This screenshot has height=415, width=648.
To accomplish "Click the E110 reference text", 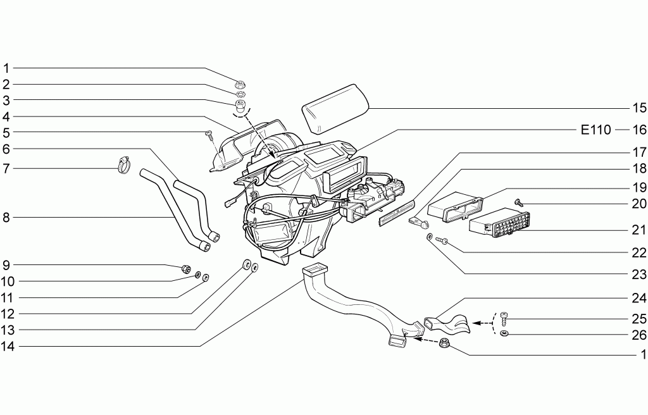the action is tap(595, 130).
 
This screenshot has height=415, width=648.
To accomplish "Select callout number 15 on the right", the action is tap(639, 108).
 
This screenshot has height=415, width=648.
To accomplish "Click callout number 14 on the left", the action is tap(8, 347).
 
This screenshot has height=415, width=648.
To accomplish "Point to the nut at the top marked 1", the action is tap(240, 84).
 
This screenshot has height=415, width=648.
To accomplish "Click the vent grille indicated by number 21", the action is tap(500, 223).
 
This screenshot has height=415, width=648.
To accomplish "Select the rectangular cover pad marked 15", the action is tap(335, 109).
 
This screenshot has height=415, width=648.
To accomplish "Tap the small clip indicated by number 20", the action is tap(518, 202).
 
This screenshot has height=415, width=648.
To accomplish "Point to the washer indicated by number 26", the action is tap(504, 333).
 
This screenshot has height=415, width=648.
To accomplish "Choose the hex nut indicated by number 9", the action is tap(187, 269).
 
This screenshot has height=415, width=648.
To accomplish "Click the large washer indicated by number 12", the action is tap(247, 264).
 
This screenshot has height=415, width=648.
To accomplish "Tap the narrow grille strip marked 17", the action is tap(396, 213).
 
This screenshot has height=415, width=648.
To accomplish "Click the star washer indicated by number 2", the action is tap(240, 94).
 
